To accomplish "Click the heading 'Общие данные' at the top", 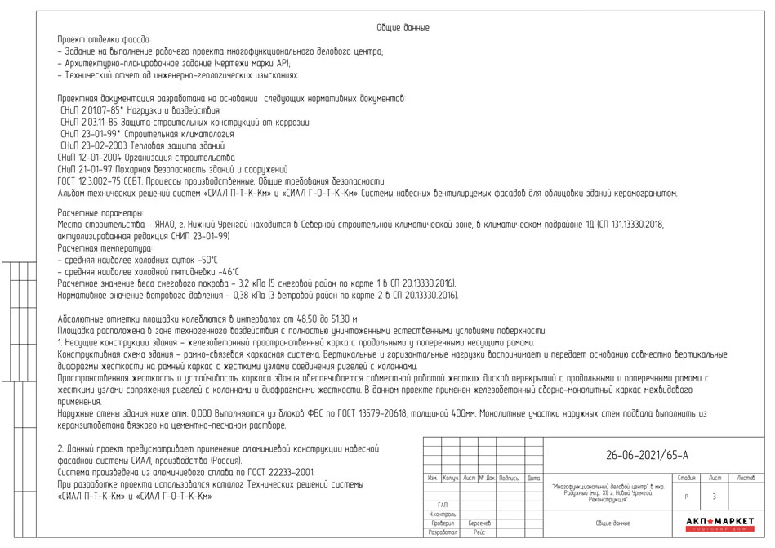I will coord(403,28).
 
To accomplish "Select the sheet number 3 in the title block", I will coord(715,497).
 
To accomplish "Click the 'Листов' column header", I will coord(746,477).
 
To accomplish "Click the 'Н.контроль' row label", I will coord(442,514).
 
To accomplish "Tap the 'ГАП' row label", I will coord(442,505).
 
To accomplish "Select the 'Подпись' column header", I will coord(509,478).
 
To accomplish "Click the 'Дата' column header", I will coord(533,478).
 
